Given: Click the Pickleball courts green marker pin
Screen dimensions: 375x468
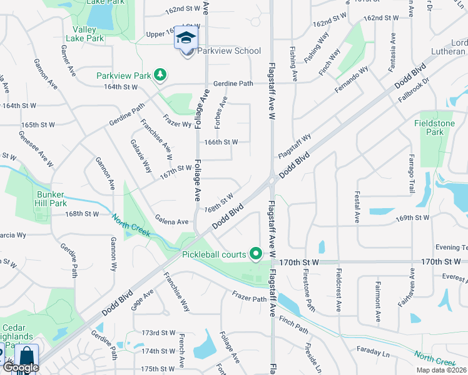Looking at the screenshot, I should (x=255, y=254).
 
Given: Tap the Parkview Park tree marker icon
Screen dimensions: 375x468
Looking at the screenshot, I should (x=161, y=75).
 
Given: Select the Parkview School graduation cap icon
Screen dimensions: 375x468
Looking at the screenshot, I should (x=186, y=38).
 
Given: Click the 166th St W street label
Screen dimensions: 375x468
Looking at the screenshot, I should (x=221, y=142).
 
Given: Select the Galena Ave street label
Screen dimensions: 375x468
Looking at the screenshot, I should (x=171, y=221).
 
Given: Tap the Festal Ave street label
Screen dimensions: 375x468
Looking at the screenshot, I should (x=357, y=207).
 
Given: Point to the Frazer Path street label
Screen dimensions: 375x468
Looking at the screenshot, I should (x=250, y=298).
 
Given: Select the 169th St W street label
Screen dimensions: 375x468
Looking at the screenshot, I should (x=412, y=218).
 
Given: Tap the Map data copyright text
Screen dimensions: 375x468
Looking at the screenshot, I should (x=442, y=370).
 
